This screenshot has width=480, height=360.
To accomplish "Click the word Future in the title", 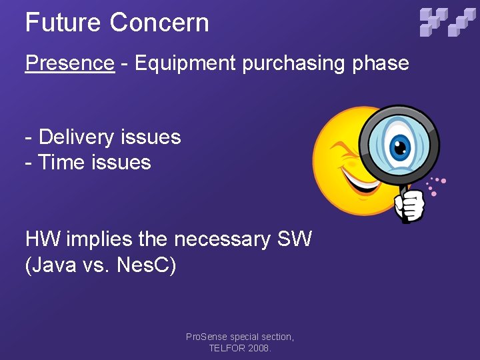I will pyautogui.click(x=63, y=23).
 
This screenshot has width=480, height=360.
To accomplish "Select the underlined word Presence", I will pyautogui.click(x=69, y=63).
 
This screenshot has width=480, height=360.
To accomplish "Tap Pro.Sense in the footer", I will pyautogui.click(x=207, y=337).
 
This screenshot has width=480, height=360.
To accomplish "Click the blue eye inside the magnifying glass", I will pyautogui.click(x=399, y=145).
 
